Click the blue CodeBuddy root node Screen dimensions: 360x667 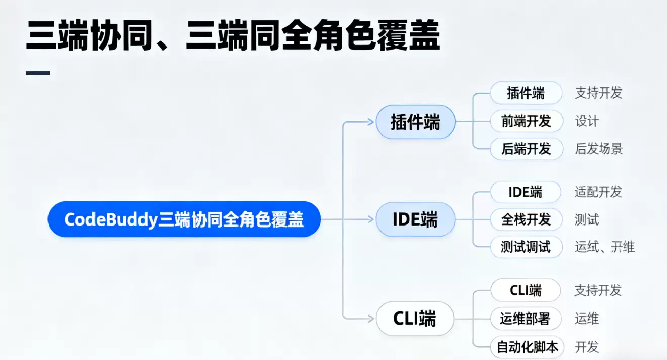pyautogui.click(x=184, y=219)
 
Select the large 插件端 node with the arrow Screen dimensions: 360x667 pyautogui.click(x=415, y=122)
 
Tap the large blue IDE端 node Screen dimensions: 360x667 pyautogui.click(x=415, y=219)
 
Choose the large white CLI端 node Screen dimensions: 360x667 pyautogui.click(x=415, y=319)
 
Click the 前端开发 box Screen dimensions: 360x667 pyautogui.click(x=526, y=121)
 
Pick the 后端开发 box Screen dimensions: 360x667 pyautogui.click(x=526, y=149)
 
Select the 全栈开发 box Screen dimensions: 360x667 pyautogui.click(x=526, y=219)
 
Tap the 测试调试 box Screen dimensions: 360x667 pyautogui.click(x=526, y=247)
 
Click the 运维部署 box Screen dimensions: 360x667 pyautogui.click(x=526, y=319)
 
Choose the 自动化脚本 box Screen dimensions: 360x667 pyautogui.click(x=527, y=347)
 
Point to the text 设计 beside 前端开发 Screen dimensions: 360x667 pyautogui.click(x=587, y=121)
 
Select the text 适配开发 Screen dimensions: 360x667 pyautogui.click(x=598, y=192)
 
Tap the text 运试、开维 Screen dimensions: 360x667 pyautogui.click(x=604, y=247)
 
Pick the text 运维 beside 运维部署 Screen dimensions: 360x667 pyautogui.click(x=587, y=319)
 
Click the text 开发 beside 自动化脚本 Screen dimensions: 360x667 pyautogui.click(x=587, y=347)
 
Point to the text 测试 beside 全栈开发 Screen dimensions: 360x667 pyautogui.click(x=587, y=219)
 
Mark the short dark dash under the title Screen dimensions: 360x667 pyautogui.click(x=37, y=73)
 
